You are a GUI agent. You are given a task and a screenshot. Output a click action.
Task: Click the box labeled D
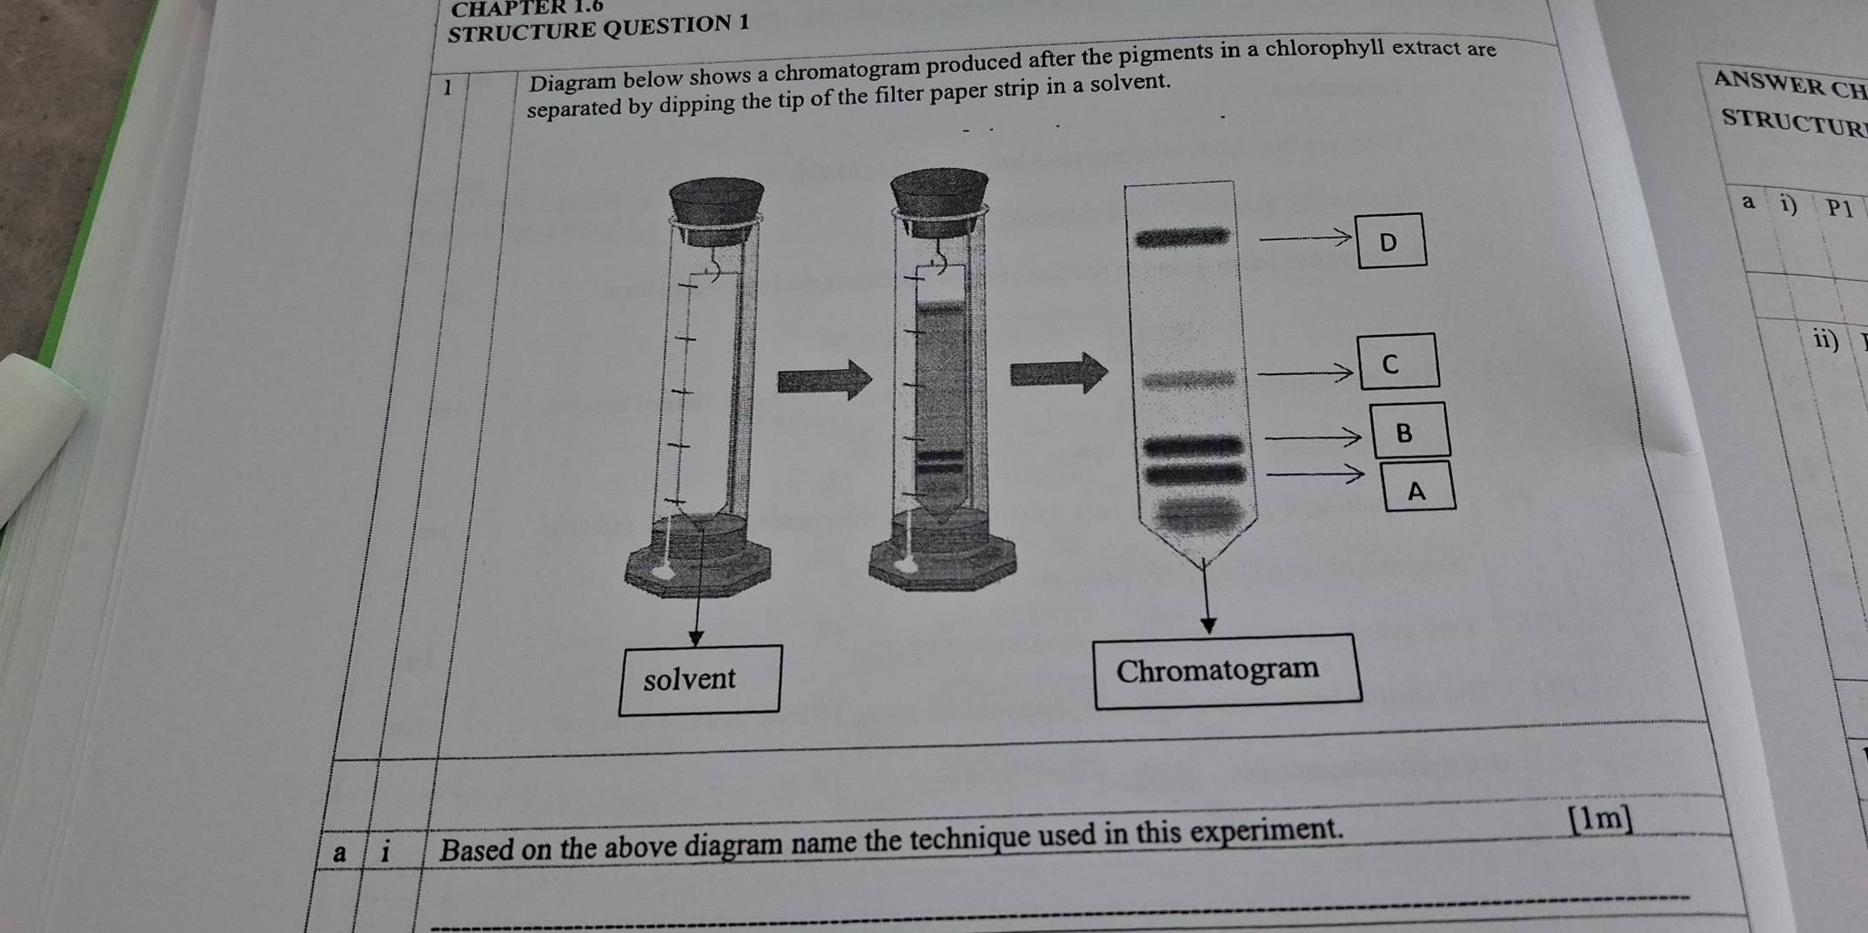[x=1391, y=240]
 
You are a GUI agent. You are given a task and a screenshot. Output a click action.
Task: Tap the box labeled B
[x=1410, y=430]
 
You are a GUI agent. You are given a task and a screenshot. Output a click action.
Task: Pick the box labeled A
[x=1417, y=488]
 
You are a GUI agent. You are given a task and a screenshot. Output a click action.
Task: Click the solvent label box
[x=699, y=680]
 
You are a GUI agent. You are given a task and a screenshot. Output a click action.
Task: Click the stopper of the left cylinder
[x=716, y=202]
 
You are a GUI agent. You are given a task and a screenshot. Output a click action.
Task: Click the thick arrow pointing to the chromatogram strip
[x=1058, y=373]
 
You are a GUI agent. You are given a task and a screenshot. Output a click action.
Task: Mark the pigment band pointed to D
[x=1182, y=236]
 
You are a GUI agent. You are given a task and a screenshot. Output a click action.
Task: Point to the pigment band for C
[x=1188, y=379]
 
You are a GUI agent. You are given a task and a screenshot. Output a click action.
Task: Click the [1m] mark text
[x=1600, y=819]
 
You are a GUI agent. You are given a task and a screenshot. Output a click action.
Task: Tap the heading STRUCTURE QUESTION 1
[x=598, y=28]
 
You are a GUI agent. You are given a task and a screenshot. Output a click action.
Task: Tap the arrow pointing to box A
[x=1314, y=474]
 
